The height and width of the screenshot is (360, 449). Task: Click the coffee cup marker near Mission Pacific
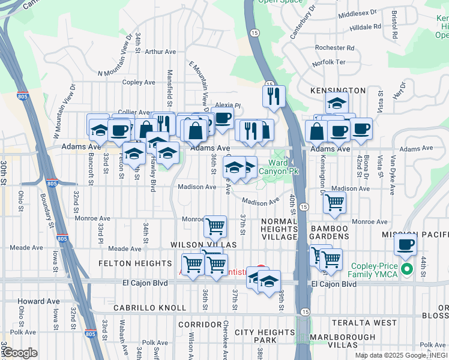tap(406, 244)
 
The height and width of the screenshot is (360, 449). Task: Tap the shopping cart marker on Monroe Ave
tap(215, 226)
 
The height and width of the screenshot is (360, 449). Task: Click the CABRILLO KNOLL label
tap(149, 308)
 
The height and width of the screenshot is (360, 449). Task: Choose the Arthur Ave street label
tap(158, 52)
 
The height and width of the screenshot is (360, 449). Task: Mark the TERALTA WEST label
tap(366, 323)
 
